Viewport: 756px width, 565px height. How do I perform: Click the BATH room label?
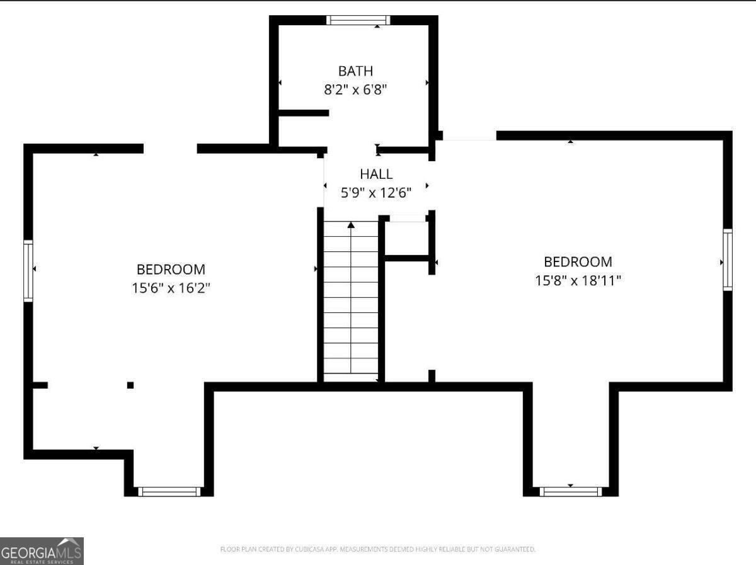[355, 71]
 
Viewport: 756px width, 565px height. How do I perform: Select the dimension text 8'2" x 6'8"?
[355, 89]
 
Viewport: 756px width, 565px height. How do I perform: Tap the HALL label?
[376, 174]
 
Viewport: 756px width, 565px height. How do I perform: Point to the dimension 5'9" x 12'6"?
[376, 193]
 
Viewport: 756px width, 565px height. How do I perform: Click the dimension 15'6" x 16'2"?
[171, 288]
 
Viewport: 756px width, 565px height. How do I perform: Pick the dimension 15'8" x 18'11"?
[578, 280]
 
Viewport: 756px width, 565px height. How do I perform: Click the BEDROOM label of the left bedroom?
[171, 270]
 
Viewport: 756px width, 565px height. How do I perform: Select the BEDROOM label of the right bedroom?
[578, 261]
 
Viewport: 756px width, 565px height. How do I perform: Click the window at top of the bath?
[358, 20]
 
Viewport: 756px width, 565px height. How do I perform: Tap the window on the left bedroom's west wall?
[28, 271]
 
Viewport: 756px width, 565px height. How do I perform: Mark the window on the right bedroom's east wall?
[728, 260]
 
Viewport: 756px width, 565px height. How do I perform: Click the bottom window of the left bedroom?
[169, 491]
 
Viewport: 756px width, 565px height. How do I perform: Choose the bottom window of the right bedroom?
[571, 491]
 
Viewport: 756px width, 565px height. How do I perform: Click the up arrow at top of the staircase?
[351, 225]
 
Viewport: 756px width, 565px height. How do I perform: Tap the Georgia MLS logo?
[42, 551]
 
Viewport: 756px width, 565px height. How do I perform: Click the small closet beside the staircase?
[406, 238]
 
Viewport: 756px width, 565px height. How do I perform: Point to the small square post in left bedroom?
[130, 385]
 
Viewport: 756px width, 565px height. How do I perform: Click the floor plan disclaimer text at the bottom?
[377, 549]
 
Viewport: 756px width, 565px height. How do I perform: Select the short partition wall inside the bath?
[304, 113]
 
